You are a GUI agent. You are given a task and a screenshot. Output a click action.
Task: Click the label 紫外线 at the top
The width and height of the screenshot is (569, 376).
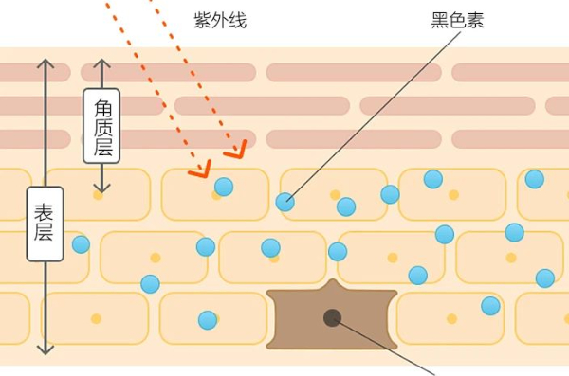(220, 20)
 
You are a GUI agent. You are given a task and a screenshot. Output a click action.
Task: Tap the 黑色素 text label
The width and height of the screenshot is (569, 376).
(457, 20)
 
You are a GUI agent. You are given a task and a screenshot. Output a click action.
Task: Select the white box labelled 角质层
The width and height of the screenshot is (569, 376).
(101, 126)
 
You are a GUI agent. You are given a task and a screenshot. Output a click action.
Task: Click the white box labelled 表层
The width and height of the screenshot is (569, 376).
(45, 224)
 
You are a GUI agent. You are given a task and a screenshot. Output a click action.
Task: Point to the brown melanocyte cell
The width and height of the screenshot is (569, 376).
(332, 315)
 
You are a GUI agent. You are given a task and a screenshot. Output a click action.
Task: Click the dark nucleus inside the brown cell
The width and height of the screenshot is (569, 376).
(332, 318)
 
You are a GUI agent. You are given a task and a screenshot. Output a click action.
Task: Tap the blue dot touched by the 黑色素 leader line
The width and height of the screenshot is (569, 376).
(285, 202)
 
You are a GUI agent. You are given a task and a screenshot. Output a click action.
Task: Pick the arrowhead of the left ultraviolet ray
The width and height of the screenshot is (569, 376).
(201, 170)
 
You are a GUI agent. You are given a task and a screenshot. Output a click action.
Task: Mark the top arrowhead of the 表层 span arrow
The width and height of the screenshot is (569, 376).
(46, 63)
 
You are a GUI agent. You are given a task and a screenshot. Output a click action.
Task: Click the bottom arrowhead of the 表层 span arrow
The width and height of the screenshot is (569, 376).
(46, 349)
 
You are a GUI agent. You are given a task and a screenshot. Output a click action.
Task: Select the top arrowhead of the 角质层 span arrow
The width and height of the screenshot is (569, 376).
(102, 63)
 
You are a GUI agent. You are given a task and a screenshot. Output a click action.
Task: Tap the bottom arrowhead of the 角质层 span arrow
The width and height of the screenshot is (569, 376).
(102, 188)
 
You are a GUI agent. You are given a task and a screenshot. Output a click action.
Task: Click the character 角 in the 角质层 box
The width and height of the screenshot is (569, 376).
(102, 108)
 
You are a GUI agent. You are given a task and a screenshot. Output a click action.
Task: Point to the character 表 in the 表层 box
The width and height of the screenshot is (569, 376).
(45, 212)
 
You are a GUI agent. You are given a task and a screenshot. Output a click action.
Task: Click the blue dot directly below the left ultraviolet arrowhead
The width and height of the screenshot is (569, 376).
(224, 187)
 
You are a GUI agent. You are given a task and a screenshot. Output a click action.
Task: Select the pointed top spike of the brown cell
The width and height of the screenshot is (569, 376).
(332, 280)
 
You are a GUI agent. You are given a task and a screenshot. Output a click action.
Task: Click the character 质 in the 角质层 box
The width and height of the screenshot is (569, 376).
(102, 127)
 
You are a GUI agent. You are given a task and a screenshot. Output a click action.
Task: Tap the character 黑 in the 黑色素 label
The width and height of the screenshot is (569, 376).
(439, 20)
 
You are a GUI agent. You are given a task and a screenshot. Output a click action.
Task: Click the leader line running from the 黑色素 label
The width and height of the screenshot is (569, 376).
(375, 116)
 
